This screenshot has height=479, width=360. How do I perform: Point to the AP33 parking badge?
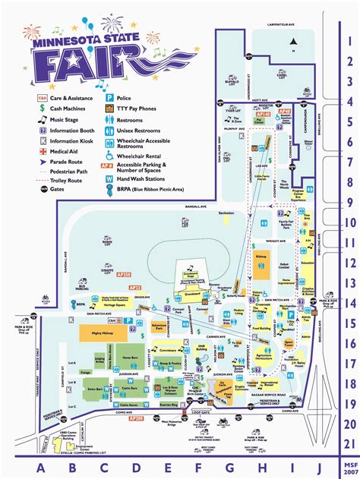coord(135,288)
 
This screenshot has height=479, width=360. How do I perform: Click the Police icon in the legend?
coord(109,99)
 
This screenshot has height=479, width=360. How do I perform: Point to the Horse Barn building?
coord(131,358)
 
